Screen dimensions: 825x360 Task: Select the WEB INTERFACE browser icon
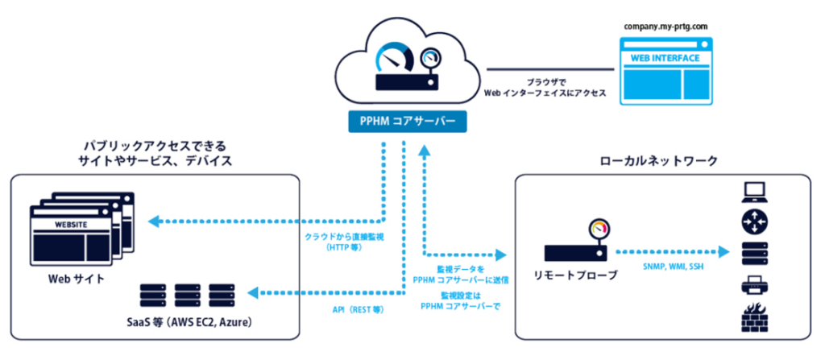point(666,70)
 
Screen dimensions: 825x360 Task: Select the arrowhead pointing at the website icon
point(153,221)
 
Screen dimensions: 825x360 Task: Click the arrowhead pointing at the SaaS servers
point(255,291)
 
